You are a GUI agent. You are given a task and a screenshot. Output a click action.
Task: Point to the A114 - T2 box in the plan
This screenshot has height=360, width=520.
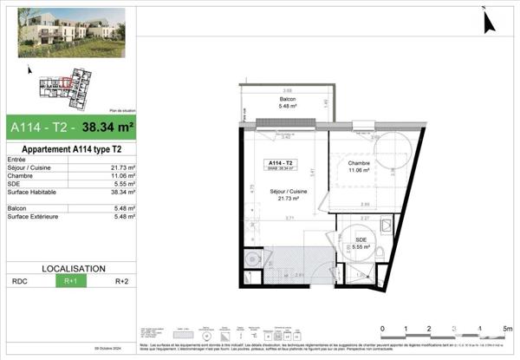tap(281, 165)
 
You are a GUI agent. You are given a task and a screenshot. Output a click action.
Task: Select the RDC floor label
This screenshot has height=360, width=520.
tap(18, 281)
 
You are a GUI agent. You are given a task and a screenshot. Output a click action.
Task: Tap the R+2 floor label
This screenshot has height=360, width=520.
tap(122, 281)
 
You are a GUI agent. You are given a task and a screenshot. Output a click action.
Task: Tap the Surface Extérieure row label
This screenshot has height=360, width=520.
tap(32, 216)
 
